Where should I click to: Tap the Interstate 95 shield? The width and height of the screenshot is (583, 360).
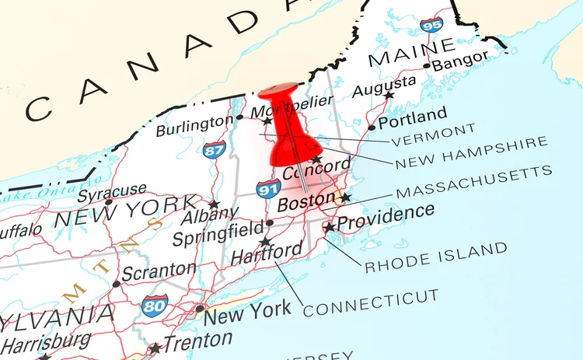(431, 25)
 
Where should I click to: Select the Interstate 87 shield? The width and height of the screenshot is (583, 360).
(215, 149)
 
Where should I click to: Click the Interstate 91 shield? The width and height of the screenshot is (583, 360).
(268, 188)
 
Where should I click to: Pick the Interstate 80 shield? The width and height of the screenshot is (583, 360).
(155, 304)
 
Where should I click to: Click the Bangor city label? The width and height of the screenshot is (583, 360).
(460, 61)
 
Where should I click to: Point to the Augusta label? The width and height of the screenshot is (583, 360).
(383, 86)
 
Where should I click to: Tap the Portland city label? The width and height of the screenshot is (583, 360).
(413, 117)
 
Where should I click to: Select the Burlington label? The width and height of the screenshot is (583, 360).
(194, 125)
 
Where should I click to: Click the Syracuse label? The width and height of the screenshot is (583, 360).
(111, 190)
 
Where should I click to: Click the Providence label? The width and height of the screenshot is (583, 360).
(386, 217)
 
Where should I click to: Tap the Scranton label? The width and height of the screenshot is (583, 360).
(159, 271)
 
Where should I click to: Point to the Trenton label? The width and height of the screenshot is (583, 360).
(197, 341)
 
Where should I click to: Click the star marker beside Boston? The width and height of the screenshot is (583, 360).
(345, 197)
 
